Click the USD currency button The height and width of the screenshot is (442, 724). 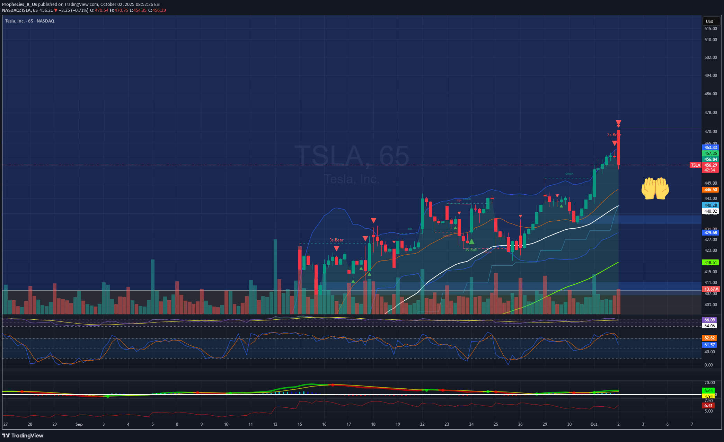click(x=709, y=21)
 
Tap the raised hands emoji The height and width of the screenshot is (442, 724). click(x=655, y=188)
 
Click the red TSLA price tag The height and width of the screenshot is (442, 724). click(x=696, y=165)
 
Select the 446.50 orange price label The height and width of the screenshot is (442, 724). click(x=710, y=190)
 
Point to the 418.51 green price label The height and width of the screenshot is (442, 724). click(x=710, y=263)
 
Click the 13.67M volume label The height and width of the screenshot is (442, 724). click(x=710, y=289)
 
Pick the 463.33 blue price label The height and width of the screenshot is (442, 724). click(x=710, y=148)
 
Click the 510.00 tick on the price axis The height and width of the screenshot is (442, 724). click(x=710, y=40)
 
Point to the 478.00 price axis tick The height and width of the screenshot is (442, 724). click(x=710, y=113)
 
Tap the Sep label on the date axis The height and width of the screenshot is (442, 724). click(x=79, y=424)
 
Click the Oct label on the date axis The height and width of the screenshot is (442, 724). click(x=594, y=424)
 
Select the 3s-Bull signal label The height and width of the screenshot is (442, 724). click(x=471, y=250)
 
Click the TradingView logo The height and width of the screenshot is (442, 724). click(x=23, y=435)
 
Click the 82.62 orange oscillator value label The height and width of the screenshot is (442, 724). click(x=709, y=338)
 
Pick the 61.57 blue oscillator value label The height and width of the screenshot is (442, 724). click(x=709, y=345)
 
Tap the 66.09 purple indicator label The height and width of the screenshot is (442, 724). click(x=709, y=320)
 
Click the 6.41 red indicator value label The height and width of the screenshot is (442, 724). click(x=709, y=406)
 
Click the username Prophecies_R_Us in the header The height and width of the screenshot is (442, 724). click(x=19, y=5)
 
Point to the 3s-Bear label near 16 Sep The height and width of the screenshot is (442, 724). click(x=336, y=240)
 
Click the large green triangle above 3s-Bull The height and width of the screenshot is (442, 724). click(x=471, y=241)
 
